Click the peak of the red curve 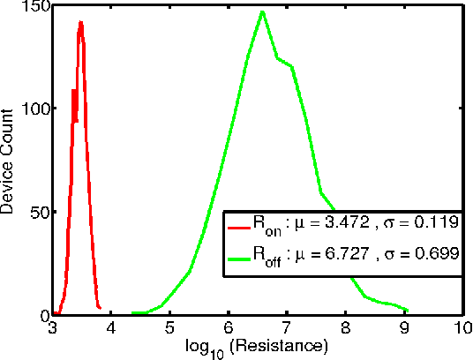coord(80,23)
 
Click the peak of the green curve coord(262,11)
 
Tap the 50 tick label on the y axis coord(38,212)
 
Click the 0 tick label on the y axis coord(42,315)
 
